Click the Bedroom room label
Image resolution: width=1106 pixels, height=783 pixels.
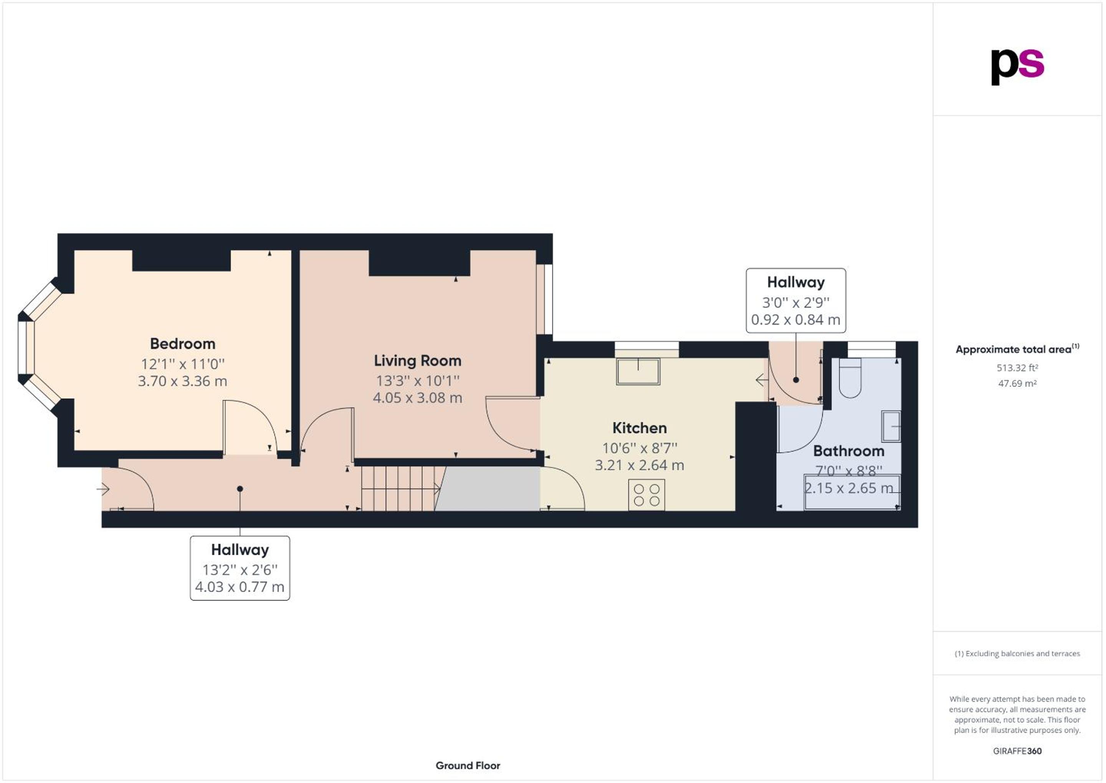(x=183, y=344)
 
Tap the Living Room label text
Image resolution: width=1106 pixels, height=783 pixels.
(x=418, y=361)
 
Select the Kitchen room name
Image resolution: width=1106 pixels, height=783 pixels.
(x=639, y=428)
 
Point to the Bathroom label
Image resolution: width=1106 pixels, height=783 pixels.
(x=849, y=451)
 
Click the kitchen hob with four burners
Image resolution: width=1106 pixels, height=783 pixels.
(x=646, y=495)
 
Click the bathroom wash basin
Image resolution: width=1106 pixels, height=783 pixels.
(x=891, y=426)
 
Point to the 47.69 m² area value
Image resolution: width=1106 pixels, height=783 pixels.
(x=1017, y=384)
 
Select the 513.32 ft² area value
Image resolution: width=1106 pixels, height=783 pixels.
(x=1017, y=368)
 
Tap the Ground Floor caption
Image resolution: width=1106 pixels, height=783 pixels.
(x=468, y=766)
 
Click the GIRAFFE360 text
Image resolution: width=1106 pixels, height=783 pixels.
(x=1017, y=751)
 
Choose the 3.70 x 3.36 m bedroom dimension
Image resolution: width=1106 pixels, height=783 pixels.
(x=183, y=382)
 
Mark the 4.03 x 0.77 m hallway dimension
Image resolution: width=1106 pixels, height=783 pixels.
(x=240, y=587)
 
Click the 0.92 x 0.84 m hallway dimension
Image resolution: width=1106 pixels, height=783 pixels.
(x=796, y=320)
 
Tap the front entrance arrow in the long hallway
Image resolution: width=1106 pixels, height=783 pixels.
(x=103, y=489)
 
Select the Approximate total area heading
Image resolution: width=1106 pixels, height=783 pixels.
(x=1017, y=349)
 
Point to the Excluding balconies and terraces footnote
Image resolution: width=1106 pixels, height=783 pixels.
(x=1017, y=654)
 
